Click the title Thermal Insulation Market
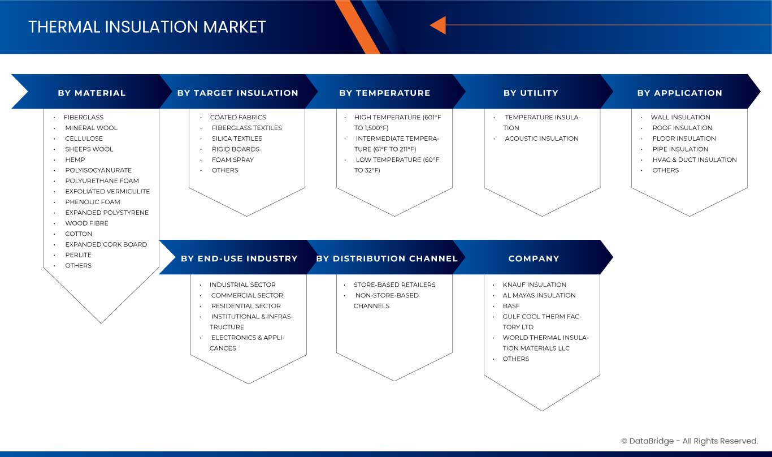[147, 27]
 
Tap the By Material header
[92, 93]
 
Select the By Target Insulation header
[237, 93]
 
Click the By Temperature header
[385, 93]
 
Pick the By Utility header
[531, 93]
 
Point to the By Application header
[679, 93]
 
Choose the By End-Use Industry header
[239, 258]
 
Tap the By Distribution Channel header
[387, 258]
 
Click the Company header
[534, 258]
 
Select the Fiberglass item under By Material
[83, 117]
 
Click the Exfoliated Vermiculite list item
[107, 191]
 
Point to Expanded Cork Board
[106, 244]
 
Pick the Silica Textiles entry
[237, 139]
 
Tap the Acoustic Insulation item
[541, 139]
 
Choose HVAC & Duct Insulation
[695, 159]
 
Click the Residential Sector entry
[246, 306]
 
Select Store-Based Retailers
[394, 284]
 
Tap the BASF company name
[511, 306]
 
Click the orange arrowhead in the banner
[437, 25]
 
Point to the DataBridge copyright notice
[689, 441]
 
